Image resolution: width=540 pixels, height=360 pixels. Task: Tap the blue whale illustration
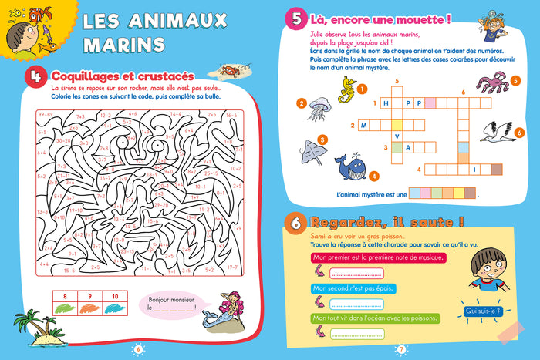[347, 163]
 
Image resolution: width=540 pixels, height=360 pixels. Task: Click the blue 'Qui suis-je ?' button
[481, 311]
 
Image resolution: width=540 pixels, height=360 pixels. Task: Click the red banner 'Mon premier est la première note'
[377, 257]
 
